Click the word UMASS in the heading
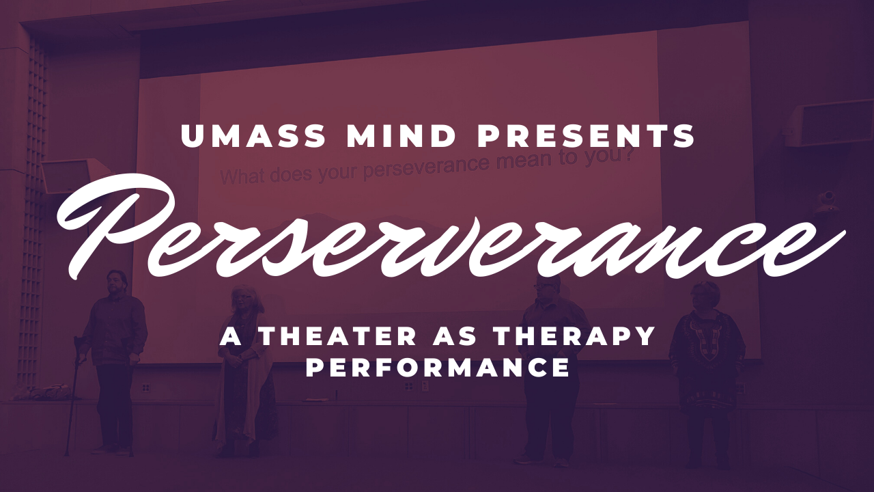[253, 136]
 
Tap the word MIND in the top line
[401, 136]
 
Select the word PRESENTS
[587, 136]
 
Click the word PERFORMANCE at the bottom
[438, 368]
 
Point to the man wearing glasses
[548, 370]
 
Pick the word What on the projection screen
[244, 176]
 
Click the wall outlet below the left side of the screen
[146, 387]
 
